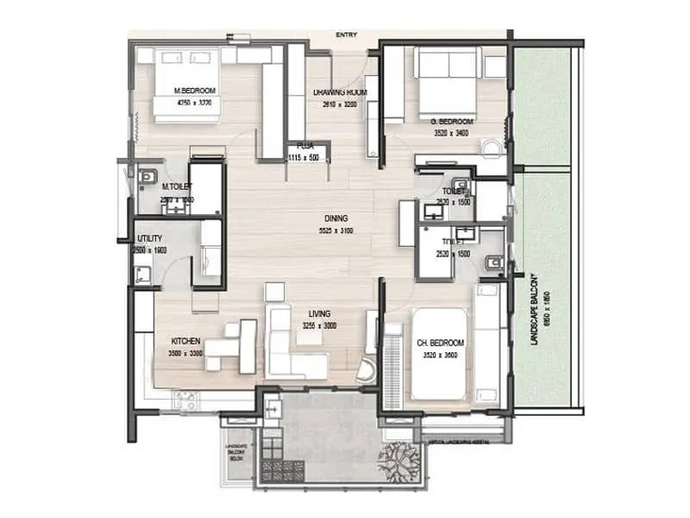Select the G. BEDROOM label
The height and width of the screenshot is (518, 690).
(451, 122)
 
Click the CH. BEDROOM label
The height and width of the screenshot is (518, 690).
(441, 343)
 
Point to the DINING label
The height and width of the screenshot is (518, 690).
(336, 219)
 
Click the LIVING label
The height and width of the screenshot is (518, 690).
(320, 314)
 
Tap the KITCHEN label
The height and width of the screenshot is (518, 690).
(185, 341)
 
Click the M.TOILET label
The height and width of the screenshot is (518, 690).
(177, 186)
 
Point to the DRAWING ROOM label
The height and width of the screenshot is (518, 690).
(340, 92)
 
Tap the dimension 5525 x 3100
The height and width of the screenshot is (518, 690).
(336, 231)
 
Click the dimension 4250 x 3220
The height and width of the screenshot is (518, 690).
(194, 102)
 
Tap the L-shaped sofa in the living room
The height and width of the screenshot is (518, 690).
(293, 345)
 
